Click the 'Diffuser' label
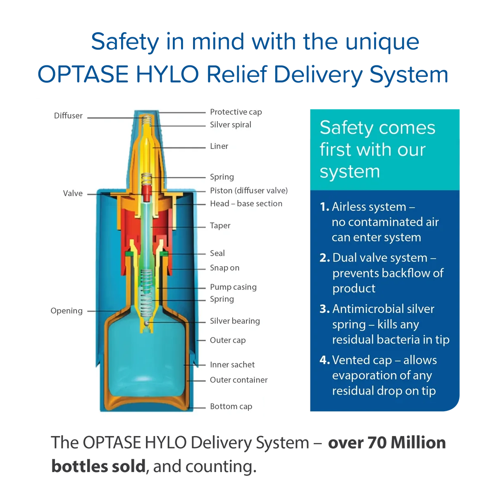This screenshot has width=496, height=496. [x=68, y=116]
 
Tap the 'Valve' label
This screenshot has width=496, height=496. [x=73, y=193]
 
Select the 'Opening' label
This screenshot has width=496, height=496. [x=67, y=311]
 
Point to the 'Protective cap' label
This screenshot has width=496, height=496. [x=236, y=112]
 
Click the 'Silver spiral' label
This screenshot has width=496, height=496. [x=230, y=125]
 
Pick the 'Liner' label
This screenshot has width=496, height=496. [x=219, y=146]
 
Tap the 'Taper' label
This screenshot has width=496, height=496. [x=220, y=226]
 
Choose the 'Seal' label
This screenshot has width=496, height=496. [x=217, y=253]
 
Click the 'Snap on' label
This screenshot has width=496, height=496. [x=224, y=268]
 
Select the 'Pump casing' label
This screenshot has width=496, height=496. [x=233, y=287]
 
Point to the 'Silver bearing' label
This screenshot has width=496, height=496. [x=235, y=321]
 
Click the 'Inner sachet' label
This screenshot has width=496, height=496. [x=232, y=365]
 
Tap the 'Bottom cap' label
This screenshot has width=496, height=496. [x=231, y=407]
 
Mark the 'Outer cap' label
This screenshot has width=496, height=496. [x=227, y=341]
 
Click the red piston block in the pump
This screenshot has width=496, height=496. [x=146, y=191]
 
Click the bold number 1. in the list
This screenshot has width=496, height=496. [x=324, y=207]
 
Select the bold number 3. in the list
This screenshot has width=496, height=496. [x=324, y=309]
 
